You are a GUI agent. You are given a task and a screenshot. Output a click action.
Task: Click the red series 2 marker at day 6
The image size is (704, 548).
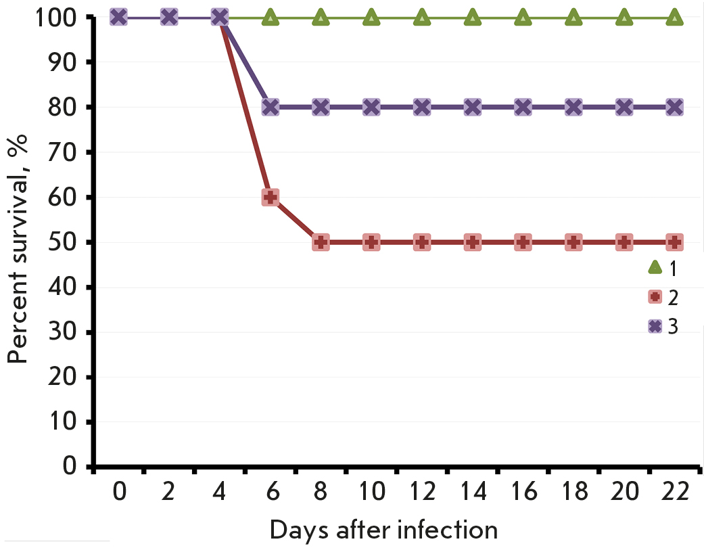270,198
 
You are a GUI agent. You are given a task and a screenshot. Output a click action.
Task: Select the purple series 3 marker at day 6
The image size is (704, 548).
270,107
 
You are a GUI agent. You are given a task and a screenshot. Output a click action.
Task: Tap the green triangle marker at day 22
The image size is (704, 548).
674,18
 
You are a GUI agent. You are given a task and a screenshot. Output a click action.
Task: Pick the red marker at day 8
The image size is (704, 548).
321,242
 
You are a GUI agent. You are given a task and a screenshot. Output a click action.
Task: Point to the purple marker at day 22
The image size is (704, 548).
674,107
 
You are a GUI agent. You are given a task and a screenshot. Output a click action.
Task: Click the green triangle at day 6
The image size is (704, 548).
270,18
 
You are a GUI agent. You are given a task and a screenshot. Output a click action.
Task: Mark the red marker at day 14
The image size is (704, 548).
472,242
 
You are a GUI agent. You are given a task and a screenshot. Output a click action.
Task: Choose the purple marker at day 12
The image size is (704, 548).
421,107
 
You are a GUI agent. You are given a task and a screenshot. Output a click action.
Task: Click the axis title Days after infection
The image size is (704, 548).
384,529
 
